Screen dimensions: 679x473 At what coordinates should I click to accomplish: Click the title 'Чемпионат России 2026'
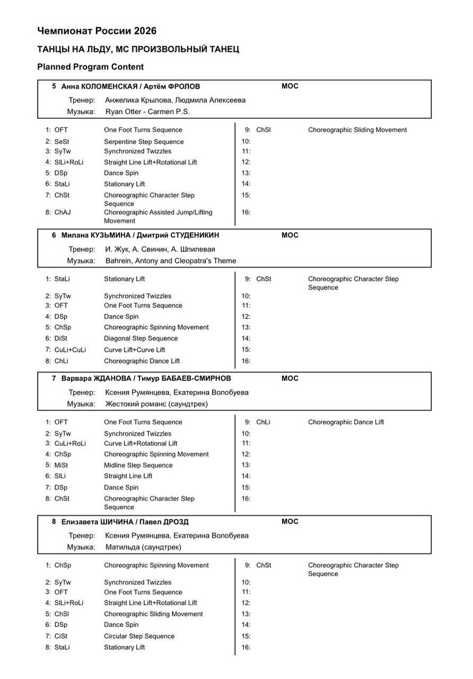97,31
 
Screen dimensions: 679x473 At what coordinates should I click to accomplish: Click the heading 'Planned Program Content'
90,67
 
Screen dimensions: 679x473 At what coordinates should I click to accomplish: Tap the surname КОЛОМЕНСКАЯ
110,87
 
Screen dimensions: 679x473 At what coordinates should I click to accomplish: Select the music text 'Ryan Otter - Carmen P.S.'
147,111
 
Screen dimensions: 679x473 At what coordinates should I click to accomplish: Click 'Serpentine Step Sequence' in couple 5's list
144,141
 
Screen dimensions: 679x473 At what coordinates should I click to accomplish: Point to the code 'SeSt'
63,141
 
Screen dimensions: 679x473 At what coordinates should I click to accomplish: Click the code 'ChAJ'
62,213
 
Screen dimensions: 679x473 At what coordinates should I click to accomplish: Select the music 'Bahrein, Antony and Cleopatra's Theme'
171,261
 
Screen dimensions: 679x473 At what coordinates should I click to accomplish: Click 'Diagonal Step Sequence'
141,338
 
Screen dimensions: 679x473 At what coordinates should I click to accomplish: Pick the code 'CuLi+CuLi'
70,350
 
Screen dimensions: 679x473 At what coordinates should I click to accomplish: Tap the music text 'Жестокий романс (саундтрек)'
157,404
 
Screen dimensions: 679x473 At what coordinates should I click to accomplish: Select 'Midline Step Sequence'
138,465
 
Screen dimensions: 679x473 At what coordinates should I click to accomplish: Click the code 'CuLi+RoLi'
70,443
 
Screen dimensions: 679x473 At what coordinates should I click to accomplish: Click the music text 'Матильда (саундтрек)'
144,547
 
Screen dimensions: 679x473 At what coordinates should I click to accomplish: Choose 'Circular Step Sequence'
139,636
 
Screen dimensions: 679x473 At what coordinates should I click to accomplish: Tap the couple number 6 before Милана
54,235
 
